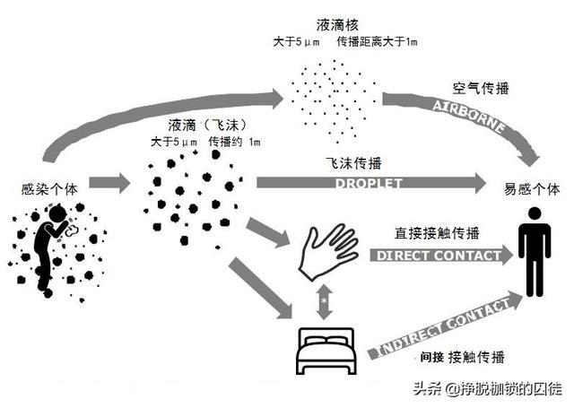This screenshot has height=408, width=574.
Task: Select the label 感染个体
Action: [x=46, y=189]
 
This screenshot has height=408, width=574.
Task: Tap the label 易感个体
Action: [x=534, y=189]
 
